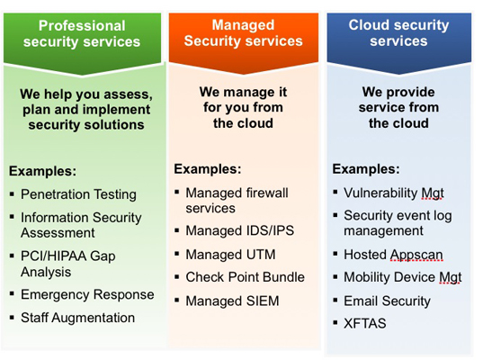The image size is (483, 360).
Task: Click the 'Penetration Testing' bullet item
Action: (x=78, y=194)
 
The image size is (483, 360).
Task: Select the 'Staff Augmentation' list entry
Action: (x=77, y=318)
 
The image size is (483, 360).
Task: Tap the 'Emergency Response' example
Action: (x=87, y=294)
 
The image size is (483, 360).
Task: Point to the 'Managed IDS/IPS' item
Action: (x=239, y=231)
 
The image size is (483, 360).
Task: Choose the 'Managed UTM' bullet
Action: (x=230, y=255)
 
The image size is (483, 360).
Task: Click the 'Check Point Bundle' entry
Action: (x=245, y=277)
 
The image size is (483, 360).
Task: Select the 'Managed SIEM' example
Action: (x=232, y=301)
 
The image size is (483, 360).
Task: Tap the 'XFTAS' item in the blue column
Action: (x=364, y=324)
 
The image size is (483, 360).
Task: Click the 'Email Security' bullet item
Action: (x=387, y=301)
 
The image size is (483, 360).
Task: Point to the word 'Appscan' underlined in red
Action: (x=416, y=256)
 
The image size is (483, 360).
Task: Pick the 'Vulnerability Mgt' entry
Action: (x=394, y=193)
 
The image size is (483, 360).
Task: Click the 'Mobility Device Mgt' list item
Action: (x=403, y=277)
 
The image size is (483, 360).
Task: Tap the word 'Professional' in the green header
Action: (x=82, y=25)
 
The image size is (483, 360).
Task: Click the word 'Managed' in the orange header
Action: (x=243, y=25)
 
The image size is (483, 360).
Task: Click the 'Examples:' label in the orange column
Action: (x=207, y=169)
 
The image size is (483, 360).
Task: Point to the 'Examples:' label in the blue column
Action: (x=366, y=169)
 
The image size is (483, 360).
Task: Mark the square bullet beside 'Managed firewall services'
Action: (x=177, y=193)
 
